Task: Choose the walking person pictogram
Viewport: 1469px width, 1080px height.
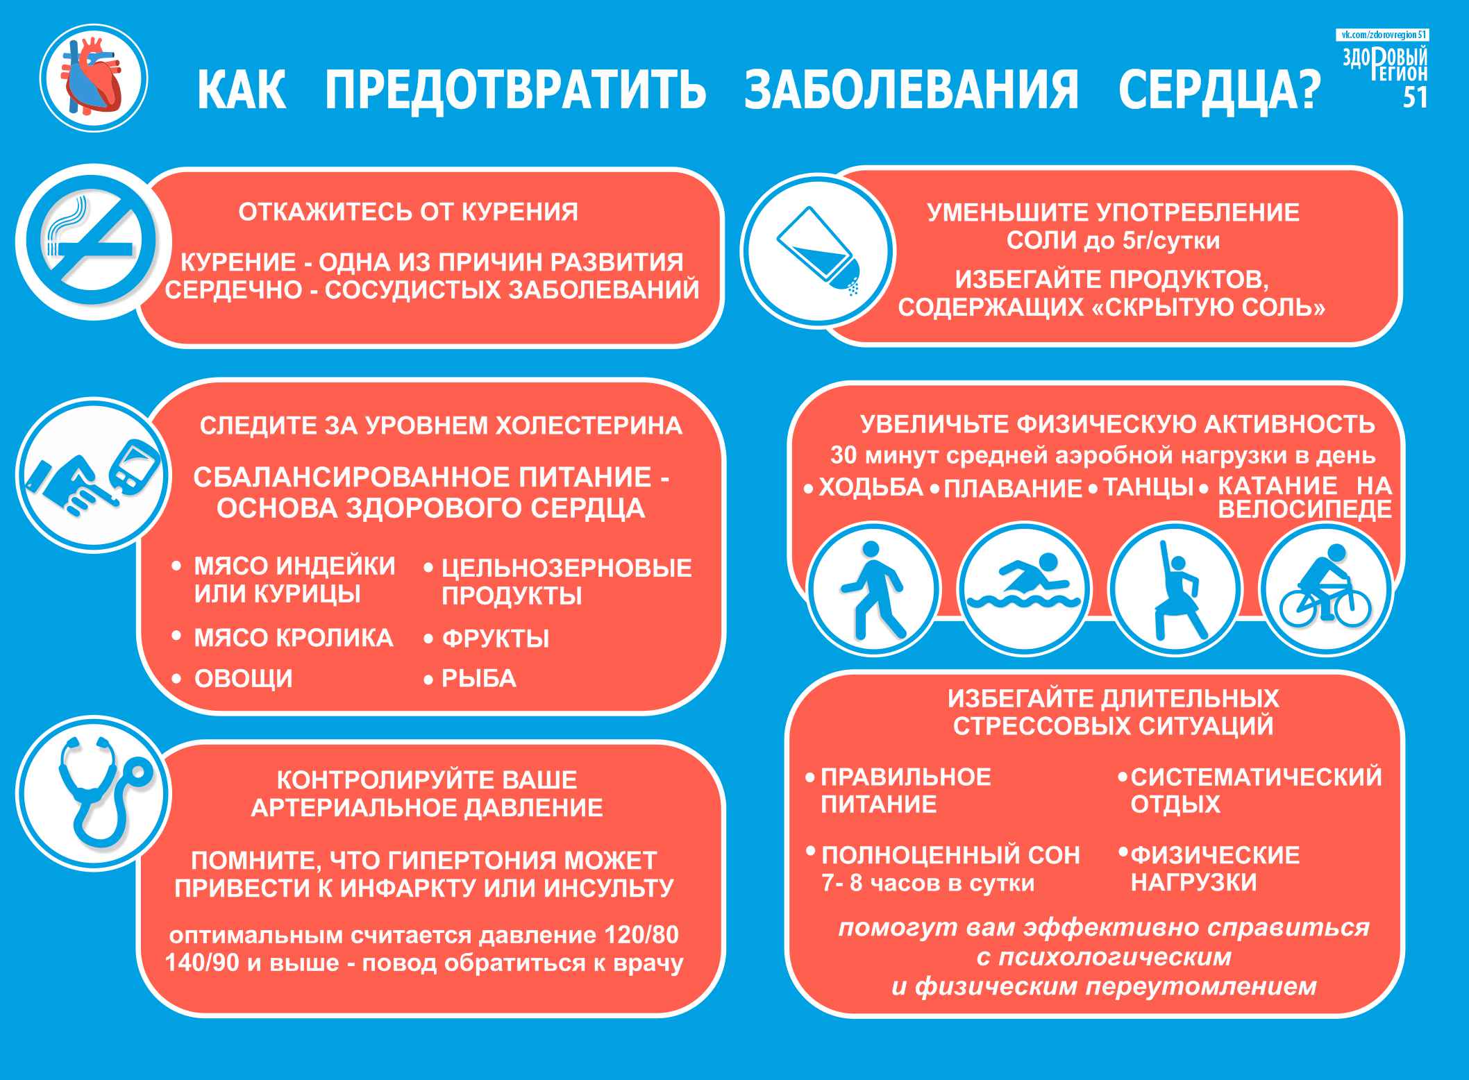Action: (874, 589)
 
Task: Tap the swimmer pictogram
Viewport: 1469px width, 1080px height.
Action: (1024, 589)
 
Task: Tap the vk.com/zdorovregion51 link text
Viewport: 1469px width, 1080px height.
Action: (1382, 35)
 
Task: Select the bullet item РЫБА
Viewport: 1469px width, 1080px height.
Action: (479, 678)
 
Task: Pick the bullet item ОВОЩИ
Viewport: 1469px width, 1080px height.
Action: (244, 678)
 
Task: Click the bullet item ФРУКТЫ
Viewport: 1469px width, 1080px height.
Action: (496, 638)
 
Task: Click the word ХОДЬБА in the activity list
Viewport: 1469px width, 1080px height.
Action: (871, 487)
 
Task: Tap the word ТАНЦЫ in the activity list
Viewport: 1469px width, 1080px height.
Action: (1148, 487)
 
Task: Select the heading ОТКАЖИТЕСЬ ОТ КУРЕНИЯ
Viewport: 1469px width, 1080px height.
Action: (408, 212)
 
